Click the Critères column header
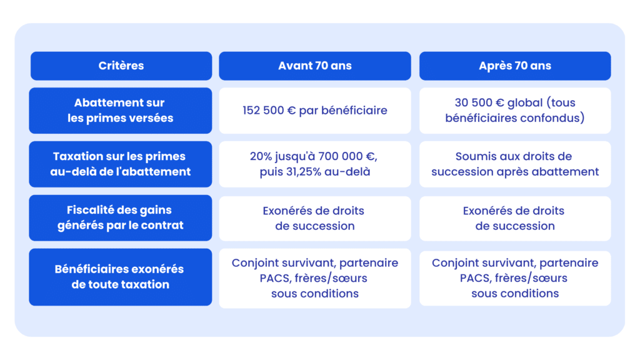tap(121, 66)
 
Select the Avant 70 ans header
tap(315, 66)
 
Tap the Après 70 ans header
tap(515, 66)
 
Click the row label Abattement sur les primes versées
tap(121, 110)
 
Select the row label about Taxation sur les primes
tap(121, 164)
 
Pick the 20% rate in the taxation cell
tap(262, 156)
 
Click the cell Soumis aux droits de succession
tap(515, 164)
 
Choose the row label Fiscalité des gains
tap(121, 217)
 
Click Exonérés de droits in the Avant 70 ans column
tap(314, 211)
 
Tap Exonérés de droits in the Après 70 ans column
tap(514, 211)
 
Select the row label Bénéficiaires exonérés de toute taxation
tap(121, 277)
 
